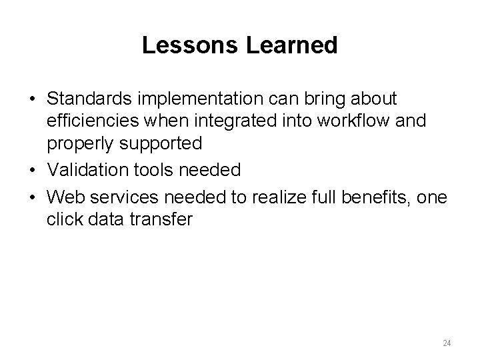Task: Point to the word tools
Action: point(153,171)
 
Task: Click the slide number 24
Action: point(447,343)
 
